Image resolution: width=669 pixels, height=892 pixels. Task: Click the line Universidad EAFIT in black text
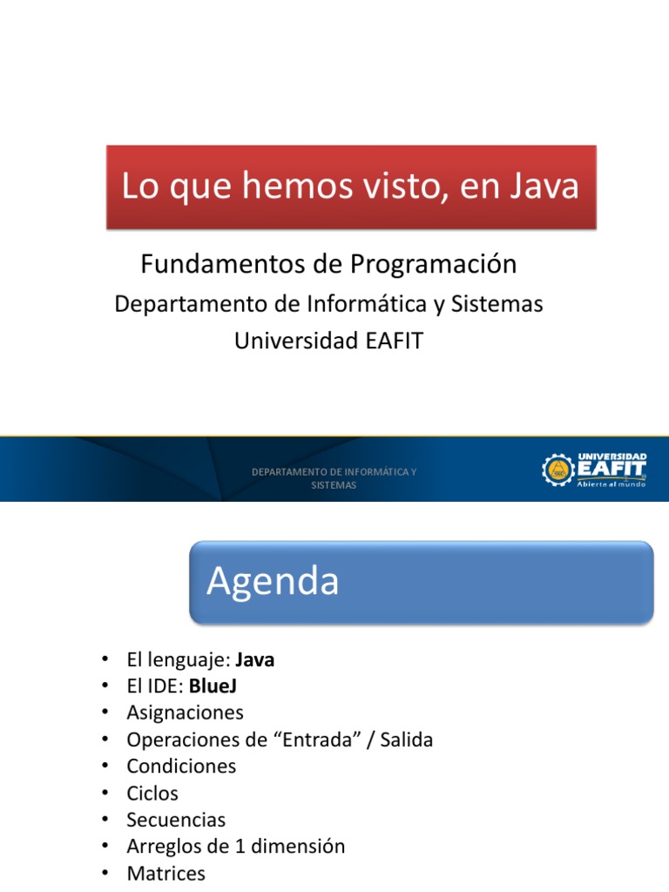click(328, 341)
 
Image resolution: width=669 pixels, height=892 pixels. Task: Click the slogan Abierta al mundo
click(611, 484)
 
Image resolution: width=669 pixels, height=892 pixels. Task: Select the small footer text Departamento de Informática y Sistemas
click(334, 478)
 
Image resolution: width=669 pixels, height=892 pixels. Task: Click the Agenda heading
click(273, 581)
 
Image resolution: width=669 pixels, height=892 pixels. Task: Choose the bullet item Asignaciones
click(185, 713)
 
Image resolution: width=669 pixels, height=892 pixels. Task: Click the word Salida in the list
click(402, 740)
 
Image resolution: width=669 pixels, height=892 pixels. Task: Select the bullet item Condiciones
click(181, 767)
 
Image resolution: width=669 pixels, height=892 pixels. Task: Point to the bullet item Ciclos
click(152, 794)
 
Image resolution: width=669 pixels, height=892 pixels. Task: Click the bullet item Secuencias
click(176, 821)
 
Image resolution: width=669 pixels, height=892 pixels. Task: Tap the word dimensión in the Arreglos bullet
click(301, 847)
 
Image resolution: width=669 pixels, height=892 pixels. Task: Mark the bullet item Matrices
click(166, 874)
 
